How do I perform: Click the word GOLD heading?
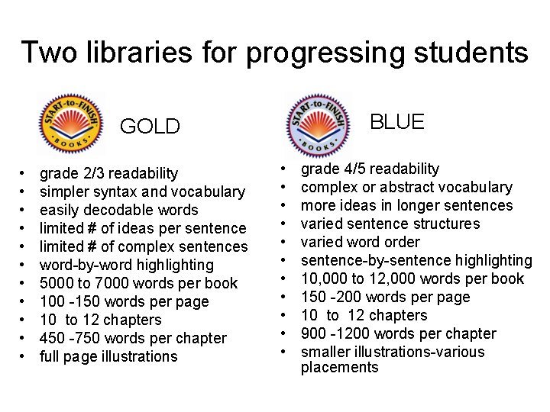coord(150,127)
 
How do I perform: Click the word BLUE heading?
coord(396,122)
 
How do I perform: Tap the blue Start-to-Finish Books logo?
coord(318,124)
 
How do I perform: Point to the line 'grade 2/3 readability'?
coord(108,174)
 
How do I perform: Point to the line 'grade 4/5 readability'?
coord(370,169)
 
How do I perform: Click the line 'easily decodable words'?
coord(118,211)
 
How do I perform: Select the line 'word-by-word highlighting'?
coord(127,266)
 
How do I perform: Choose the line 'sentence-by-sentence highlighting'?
coord(416,261)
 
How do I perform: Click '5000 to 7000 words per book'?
coord(138,284)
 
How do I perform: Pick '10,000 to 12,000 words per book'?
coord(412,279)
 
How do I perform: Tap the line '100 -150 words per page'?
coord(124,302)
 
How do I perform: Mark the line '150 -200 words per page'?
coord(385,298)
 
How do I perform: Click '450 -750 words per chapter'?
coord(133,339)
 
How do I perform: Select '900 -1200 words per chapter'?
coord(398,334)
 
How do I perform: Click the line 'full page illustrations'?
coord(108,357)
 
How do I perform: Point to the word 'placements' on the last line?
coord(339,368)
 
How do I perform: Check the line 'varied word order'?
coord(360,243)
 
